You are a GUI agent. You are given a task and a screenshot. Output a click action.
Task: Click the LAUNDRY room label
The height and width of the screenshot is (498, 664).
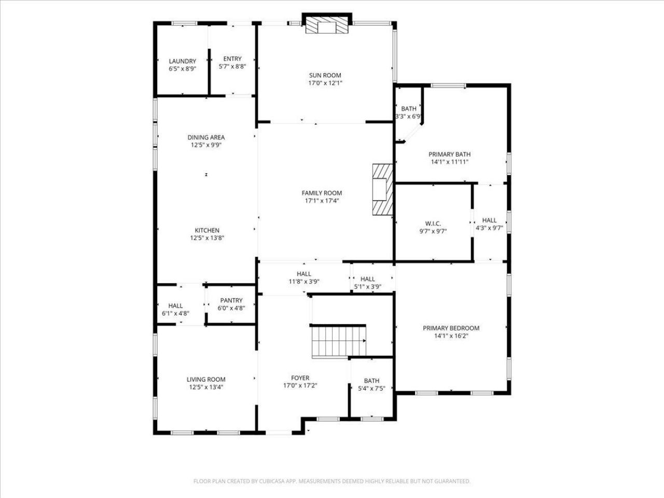coord(183,61)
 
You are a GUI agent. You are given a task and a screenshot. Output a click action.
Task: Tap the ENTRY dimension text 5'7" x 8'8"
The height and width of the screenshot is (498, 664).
coord(232,66)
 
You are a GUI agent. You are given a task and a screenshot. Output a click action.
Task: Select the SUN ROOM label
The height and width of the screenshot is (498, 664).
coord(325,75)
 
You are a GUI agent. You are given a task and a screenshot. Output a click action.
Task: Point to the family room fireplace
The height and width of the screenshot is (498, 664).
coord(382,189)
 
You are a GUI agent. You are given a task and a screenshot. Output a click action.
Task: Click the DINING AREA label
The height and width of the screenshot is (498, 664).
coord(206,137)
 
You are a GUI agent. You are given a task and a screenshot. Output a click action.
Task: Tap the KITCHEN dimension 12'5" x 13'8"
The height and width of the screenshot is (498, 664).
coord(207,238)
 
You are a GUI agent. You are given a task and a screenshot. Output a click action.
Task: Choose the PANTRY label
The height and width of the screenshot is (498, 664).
coord(231,300)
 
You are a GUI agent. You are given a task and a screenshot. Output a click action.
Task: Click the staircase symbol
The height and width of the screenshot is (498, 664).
coord(339,341)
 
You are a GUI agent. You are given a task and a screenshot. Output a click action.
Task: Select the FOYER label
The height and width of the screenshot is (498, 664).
coord(300,378)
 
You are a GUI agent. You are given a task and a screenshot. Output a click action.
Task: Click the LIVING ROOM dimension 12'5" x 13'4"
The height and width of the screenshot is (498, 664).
coord(206,387)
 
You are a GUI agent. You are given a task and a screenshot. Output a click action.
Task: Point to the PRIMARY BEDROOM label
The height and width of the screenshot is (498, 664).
coord(451,328)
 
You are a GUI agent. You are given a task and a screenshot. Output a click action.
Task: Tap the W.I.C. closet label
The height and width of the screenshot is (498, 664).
coord(433,224)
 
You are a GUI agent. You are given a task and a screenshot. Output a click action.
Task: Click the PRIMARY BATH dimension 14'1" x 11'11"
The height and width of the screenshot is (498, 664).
coord(450,162)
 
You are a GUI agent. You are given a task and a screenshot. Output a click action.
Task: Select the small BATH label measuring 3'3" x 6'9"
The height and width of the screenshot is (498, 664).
coord(409,108)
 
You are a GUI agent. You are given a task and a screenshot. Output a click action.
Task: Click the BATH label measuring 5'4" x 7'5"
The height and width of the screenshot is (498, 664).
coord(371,381)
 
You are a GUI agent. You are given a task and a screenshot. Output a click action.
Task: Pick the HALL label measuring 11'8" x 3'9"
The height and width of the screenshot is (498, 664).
coord(303,274)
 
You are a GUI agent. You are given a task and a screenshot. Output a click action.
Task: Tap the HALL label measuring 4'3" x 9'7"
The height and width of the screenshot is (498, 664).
coord(489,220)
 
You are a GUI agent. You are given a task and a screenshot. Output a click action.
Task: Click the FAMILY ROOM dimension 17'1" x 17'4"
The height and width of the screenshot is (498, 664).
coord(322,201)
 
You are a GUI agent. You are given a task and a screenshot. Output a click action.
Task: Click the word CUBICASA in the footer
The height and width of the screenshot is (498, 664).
coord(271,481)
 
